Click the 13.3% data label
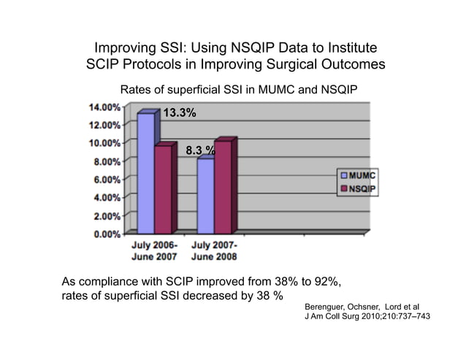tap(178, 113)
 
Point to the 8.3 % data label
tap(199, 151)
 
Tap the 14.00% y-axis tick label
tap(105, 106)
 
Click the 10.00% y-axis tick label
tap(105, 142)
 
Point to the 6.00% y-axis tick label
tap(107, 179)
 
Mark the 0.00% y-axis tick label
tap(107, 234)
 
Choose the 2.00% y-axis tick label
tap(107, 215)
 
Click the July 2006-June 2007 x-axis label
tap(153, 251)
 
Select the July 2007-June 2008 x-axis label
tap(213, 251)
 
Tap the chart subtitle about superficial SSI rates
tap(232, 90)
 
